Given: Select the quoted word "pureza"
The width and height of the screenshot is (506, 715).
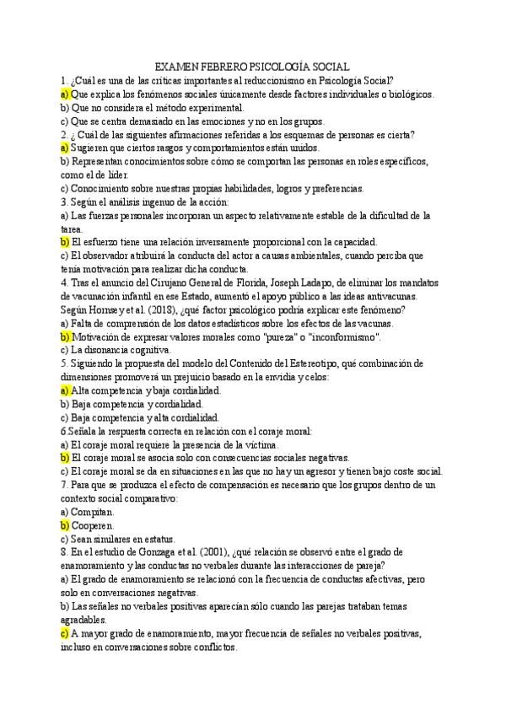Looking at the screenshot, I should click(x=261, y=336).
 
